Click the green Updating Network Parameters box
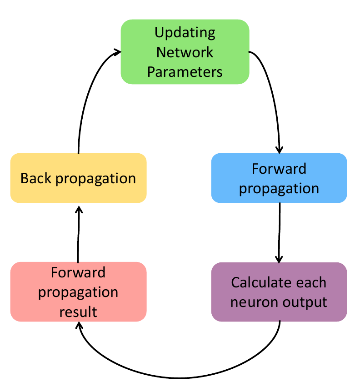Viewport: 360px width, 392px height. pos(185,52)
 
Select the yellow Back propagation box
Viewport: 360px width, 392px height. pos(78,178)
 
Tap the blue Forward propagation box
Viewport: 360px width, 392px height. pos(279,178)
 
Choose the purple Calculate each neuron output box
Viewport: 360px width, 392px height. pos(279,292)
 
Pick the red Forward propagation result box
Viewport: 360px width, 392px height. pos(78,292)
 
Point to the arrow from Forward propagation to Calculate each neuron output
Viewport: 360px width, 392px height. pos(279,232)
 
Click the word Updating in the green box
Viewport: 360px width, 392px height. pos(185,33)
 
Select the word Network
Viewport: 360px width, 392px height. pos(185,52)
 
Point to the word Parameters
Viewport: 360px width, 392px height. pos(185,72)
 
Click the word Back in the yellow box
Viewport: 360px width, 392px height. pos(36,178)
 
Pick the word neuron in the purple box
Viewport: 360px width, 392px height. pos(252,302)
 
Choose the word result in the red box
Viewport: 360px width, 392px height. pos(78,312)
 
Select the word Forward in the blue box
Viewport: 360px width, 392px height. pos(279,169)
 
